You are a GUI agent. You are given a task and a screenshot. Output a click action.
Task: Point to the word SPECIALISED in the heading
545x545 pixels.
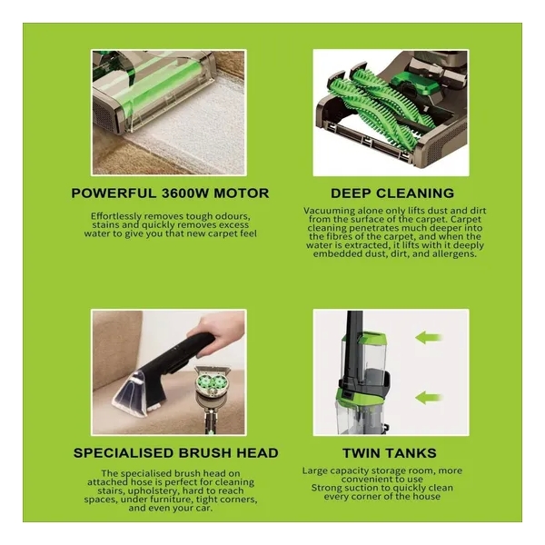point(123,453)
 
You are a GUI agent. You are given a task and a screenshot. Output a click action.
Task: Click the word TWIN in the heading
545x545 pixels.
point(359,453)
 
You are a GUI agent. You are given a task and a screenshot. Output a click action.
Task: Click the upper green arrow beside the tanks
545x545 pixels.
point(430,337)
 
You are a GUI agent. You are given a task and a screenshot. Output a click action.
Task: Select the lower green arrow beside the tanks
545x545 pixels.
point(430,397)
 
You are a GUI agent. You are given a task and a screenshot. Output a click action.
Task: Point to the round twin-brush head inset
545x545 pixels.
point(213,381)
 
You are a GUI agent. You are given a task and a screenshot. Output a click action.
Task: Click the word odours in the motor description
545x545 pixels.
point(233,216)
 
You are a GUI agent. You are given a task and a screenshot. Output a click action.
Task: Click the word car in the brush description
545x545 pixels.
point(204,508)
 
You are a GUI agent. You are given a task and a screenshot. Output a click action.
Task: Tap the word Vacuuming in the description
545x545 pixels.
point(325,212)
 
